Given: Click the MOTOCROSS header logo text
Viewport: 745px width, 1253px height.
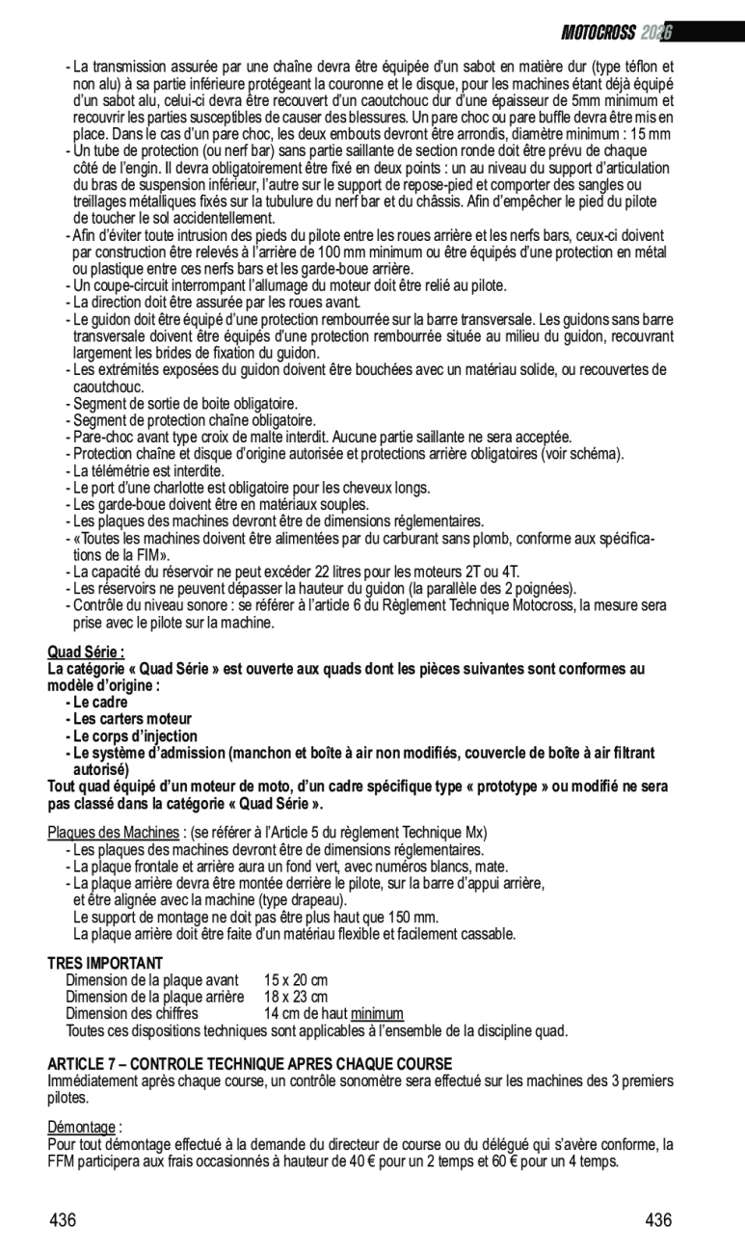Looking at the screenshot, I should coord(599,33).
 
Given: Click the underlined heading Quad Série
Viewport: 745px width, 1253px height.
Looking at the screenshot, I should coord(86,652).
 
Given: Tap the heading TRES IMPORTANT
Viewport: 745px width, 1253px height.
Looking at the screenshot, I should coord(105,963).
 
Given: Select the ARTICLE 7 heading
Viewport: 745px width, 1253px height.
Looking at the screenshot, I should coord(250,1064).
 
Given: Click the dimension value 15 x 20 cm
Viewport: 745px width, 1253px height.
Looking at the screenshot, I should coord(296,980).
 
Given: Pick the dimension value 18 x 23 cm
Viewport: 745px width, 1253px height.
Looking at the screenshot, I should coord(296,997).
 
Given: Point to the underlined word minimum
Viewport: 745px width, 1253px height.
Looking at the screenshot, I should coord(377,1013).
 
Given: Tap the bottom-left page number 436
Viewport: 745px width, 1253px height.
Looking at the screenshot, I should coord(63,1220).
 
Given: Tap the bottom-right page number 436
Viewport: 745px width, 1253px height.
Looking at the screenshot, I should coord(658,1220).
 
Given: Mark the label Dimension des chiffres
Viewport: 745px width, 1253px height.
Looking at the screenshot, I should coord(132,1013).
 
